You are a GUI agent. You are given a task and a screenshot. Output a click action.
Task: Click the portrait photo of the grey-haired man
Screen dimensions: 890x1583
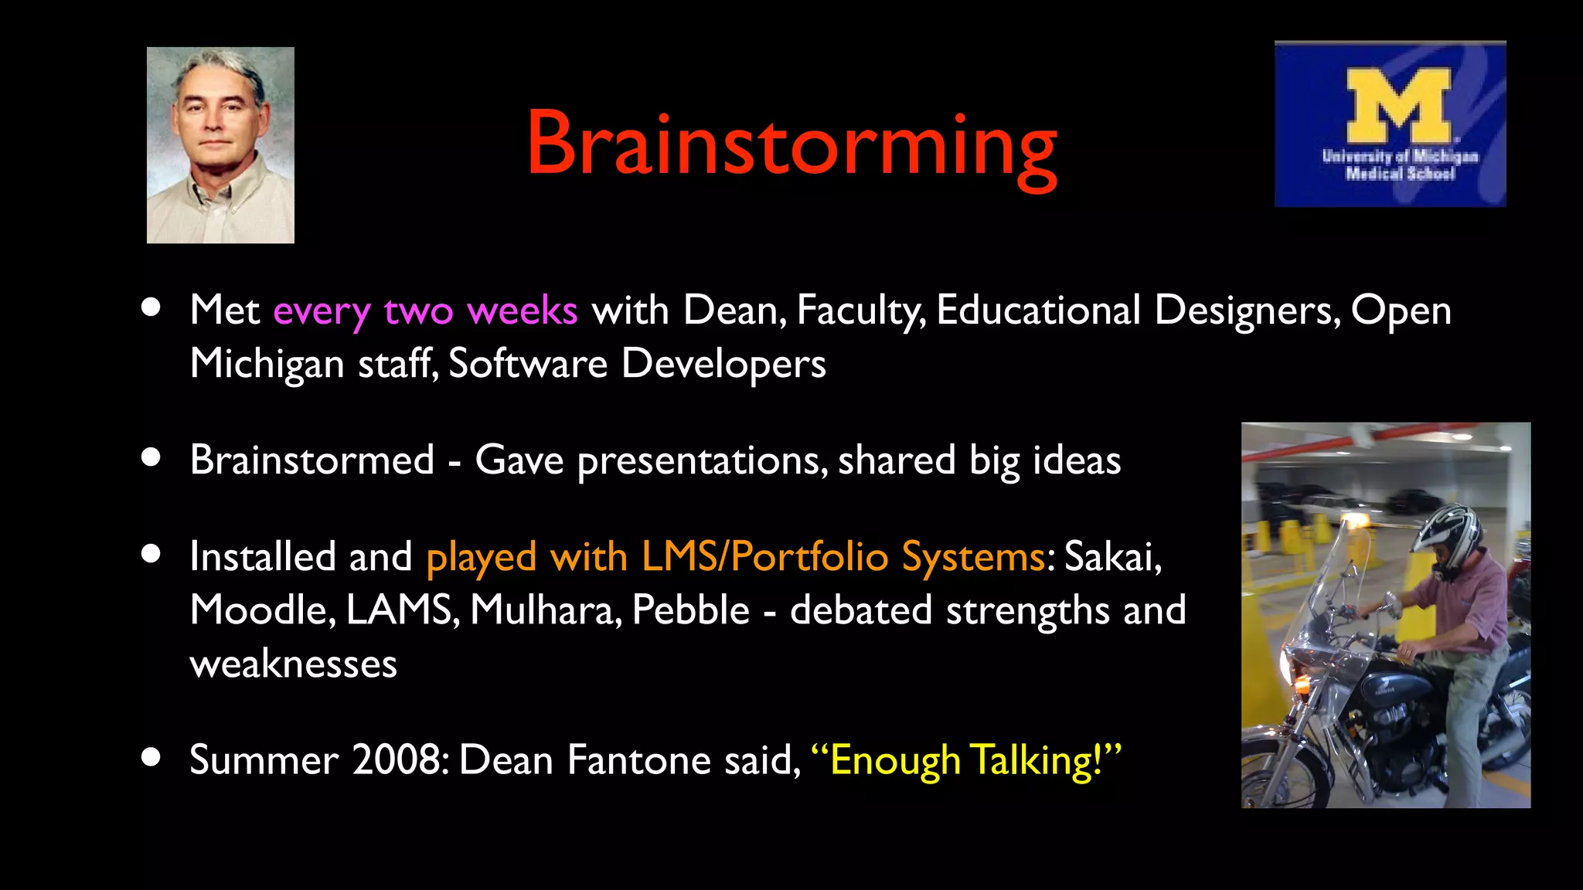pyautogui.click(x=220, y=145)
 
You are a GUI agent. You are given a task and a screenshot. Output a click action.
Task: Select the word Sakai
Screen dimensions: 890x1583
pyautogui.click(x=1112, y=556)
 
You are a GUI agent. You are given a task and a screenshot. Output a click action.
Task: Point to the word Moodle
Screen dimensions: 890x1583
pyautogui.click(x=261, y=610)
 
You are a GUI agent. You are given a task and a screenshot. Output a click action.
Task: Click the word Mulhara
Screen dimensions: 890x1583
pyautogui.click(x=544, y=610)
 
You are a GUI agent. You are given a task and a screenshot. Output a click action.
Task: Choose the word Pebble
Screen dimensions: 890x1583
pyautogui.click(x=690, y=610)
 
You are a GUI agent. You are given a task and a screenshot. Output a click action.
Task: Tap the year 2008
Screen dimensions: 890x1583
pyautogui.click(x=400, y=759)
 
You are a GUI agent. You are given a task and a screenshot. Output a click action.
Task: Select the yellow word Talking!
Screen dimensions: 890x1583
pyautogui.click(x=1037, y=759)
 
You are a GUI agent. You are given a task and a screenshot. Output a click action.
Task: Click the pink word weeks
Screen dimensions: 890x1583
pyautogui.click(x=522, y=311)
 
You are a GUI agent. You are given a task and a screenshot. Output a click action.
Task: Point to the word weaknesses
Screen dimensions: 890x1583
pyautogui.click(x=293, y=664)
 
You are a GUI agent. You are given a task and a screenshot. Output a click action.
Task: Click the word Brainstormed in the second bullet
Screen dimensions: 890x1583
pyautogui.click(x=312, y=460)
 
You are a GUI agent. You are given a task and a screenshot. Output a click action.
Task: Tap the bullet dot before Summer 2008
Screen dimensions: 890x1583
pyautogui.click(x=151, y=757)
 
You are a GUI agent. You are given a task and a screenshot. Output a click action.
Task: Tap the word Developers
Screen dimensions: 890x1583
pyautogui.click(x=723, y=364)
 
